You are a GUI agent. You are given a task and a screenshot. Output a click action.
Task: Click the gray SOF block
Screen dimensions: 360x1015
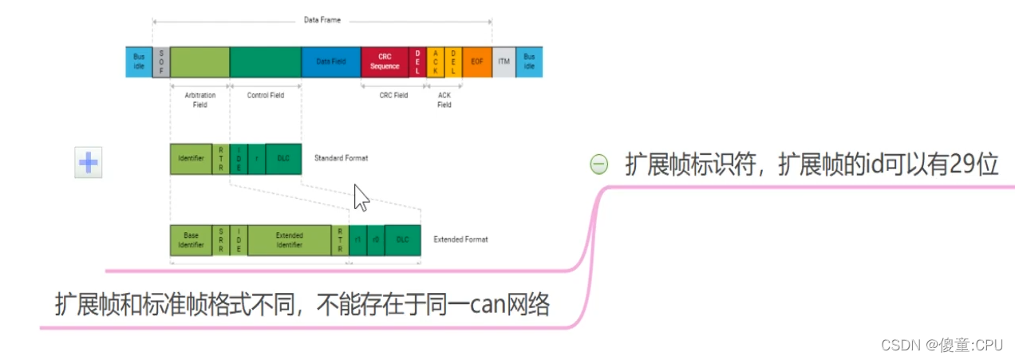pyautogui.click(x=161, y=61)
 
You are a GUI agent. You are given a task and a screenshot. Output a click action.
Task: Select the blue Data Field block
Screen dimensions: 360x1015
pyautogui.click(x=330, y=61)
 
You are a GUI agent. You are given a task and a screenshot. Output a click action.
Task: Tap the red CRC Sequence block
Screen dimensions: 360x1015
pyautogui.click(x=385, y=61)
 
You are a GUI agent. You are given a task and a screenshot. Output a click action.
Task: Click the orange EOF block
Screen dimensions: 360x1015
pyautogui.click(x=477, y=61)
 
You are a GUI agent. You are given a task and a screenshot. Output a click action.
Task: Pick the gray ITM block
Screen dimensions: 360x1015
pyautogui.click(x=504, y=61)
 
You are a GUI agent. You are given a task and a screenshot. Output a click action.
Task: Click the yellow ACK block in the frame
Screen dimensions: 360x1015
pyautogui.click(x=436, y=61)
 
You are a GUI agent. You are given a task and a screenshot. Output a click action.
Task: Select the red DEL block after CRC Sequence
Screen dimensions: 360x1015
pyautogui.click(x=417, y=61)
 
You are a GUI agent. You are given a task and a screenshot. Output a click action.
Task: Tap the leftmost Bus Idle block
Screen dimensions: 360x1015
pyautogui.click(x=138, y=61)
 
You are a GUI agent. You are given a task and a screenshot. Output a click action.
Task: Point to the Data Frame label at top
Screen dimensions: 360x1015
pyautogui.click(x=322, y=20)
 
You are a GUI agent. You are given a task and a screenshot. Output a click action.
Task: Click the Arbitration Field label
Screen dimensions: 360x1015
pyautogui.click(x=199, y=100)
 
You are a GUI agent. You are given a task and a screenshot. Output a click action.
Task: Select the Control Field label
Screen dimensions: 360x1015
pyautogui.click(x=265, y=95)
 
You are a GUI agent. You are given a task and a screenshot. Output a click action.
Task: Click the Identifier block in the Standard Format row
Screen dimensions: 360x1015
pyautogui.click(x=191, y=159)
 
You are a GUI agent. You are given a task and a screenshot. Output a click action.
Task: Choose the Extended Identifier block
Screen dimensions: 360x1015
pyautogui.click(x=289, y=240)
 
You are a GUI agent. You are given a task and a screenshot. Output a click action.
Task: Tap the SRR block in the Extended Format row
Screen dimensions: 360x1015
pyautogui.click(x=221, y=240)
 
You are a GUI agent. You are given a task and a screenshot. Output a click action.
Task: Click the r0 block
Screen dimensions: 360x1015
pyautogui.click(x=375, y=240)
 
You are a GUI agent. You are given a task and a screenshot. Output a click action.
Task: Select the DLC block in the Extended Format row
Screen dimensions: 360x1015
pyautogui.click(x=402, y=240)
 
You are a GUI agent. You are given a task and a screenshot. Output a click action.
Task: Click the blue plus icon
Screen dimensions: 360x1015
pyautogui.click(x=88, y=162)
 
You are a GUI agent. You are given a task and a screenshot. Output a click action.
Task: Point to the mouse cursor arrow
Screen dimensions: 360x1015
pyautogui.click(x=361, y=197)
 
